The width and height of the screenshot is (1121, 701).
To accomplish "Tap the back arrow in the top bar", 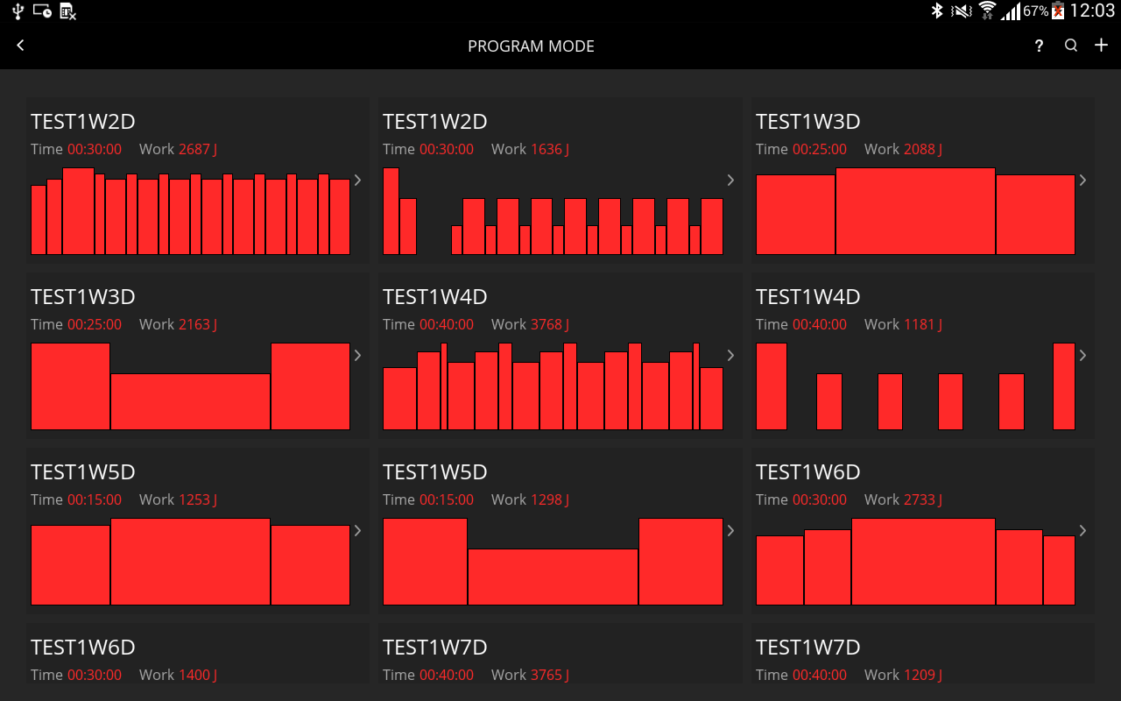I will (21, 46).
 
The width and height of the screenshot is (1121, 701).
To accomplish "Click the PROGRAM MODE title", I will (531, 46).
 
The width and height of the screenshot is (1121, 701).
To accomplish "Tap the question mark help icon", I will (1039, 46).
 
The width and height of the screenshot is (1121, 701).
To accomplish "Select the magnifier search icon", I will (1071, 46).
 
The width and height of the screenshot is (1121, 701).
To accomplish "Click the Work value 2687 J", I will (197, 149).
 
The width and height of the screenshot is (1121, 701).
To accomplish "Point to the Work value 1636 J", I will (549, 149).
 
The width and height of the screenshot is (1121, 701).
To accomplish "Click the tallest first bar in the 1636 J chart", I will (391, 210).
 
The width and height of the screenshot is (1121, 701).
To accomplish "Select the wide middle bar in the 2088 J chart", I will (915, 210).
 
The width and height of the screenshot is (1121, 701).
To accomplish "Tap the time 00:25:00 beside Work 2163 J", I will (95, 324).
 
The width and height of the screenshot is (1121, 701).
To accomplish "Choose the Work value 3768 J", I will (549, 324).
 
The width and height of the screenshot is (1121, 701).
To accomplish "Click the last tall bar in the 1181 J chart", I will (1063, 386).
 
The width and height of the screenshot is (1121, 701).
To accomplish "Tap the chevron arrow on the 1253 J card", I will (357, 530).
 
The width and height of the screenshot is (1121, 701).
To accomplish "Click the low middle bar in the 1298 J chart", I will (553, 577).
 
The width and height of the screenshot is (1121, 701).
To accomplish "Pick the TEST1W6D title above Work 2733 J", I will (807, 472).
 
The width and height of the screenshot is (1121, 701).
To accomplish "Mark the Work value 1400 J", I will (197, 675).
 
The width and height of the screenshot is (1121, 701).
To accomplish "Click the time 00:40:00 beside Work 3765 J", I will (447, 675).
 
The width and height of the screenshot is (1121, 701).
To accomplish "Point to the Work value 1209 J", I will (922, 675).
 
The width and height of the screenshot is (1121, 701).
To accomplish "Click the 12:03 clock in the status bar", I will (1092, 11).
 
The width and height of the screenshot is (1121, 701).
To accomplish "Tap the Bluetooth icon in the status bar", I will (936, 11).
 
